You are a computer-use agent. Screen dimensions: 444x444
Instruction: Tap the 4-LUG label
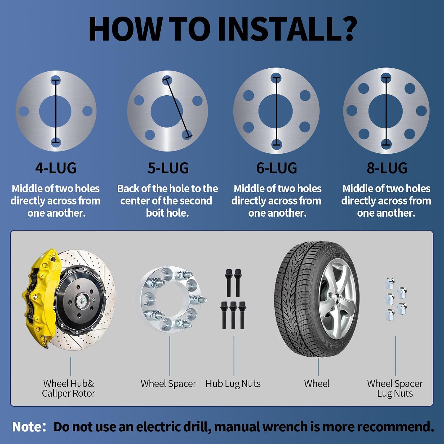click(x=56, y=168)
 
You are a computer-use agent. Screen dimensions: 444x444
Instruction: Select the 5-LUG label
click(x=168, y=168)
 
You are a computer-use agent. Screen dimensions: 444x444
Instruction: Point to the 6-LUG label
click(x=276, y=168)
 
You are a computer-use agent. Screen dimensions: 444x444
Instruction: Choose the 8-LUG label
click(x=387, y=168)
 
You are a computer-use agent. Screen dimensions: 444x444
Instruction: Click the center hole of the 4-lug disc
click(x=55, y=111)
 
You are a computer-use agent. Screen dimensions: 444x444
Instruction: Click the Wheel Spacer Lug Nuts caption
click(x=395, y=388)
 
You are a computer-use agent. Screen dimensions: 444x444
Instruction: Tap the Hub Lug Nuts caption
click(x=233, y=384)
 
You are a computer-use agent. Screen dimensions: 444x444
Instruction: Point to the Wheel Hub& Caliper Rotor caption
click(x=68, y=388)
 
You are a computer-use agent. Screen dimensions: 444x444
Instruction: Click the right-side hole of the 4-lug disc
click(x=87, y=111)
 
